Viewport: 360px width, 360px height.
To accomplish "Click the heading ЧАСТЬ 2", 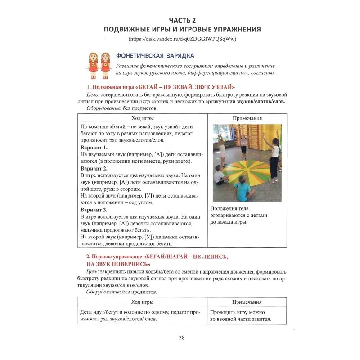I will click(182, 20).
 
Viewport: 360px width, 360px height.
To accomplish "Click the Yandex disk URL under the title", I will click(182, 39).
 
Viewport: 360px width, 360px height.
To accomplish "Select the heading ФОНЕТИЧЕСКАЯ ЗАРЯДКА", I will click(155, 56).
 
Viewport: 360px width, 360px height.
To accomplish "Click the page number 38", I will click(181, 337).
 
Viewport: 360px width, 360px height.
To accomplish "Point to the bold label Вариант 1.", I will click(94, 148).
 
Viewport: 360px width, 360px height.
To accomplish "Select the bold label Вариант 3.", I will click(94, 210).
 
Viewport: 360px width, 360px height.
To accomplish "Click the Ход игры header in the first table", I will click(142, 118).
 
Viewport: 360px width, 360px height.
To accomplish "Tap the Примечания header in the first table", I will click(247, 118).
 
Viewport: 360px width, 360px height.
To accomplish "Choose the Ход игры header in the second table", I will click(142, 302).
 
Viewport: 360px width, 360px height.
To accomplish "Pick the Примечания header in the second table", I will click(247, 302).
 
